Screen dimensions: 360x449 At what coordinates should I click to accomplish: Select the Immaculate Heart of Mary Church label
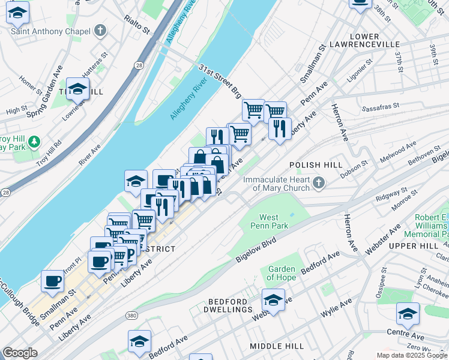pyautogui.click(x=277, y=184)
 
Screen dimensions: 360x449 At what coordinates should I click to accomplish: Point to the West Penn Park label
pyautogui.click(x=273, y=221)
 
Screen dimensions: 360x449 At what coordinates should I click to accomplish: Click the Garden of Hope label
pyautogui.click(x=282, y=273)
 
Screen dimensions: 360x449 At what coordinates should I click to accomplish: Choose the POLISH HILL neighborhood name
pyautogui.click(x=316, y=164)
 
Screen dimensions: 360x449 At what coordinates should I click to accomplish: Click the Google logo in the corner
pyautogui.click(x=20, y=353)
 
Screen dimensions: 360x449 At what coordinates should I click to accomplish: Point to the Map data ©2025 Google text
pyautogui.click(x=412, y=355)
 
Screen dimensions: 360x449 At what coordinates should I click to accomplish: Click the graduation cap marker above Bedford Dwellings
pyautogui.click(x=273, y=299)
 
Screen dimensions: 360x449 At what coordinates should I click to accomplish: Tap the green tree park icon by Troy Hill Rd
pyautogui.click(x=35, y=142)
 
